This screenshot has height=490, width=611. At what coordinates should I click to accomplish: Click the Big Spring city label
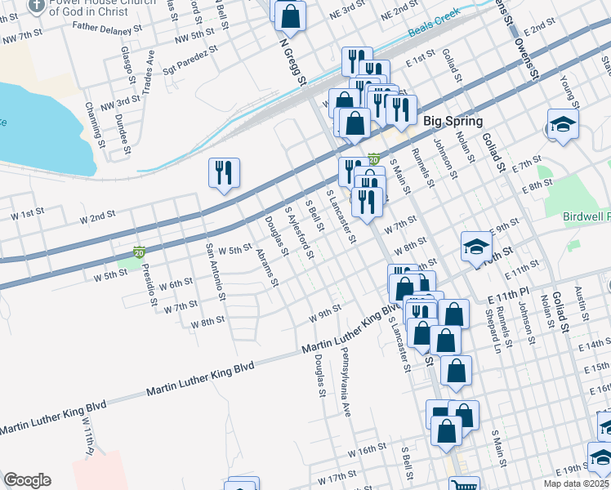click(x=453, y=121)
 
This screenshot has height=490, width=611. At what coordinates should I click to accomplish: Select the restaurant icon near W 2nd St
click(x=224, y=172)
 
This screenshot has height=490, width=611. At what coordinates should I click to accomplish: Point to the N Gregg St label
click(x=292, y=61)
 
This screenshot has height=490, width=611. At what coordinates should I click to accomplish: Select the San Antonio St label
click(x=214, y=267)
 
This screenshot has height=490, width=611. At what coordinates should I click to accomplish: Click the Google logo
click(x=27, y=480)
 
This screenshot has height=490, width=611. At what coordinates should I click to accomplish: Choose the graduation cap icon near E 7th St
click(x=562, y=125)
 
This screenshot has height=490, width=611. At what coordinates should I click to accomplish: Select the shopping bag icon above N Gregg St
click(x=289, y=14)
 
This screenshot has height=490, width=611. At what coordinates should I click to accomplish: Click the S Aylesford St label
click(x=299, y=232)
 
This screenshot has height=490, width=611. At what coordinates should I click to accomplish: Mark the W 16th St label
click(x=366, y=450)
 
